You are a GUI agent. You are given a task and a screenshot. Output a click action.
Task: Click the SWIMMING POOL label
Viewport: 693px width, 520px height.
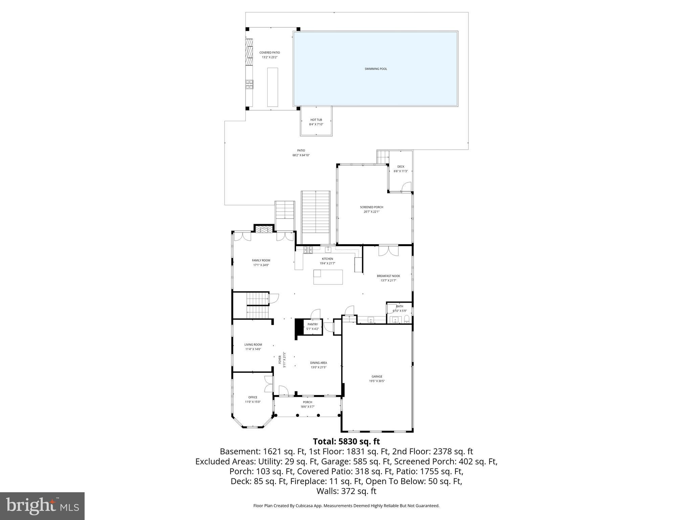(376, 69)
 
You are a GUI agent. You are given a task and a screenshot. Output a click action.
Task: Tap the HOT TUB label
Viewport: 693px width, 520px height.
(316, 120)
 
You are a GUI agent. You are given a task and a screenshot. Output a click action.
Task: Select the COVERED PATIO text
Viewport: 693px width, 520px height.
(269, 53)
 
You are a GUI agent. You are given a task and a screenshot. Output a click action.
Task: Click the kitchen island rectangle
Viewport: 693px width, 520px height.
(328, 277)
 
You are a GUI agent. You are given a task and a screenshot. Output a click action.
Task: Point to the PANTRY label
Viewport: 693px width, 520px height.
(312, 324)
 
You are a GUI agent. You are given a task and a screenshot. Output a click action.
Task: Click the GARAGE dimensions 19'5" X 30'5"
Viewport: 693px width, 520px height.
(377, 381)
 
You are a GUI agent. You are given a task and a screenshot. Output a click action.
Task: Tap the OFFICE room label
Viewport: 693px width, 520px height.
(252, 397)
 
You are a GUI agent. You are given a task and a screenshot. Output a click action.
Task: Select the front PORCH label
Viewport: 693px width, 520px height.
(307, 402)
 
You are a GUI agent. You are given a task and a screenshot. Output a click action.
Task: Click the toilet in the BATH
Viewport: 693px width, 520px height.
(406, 319)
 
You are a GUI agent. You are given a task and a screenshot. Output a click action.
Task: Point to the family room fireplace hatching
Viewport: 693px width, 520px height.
(263, 230)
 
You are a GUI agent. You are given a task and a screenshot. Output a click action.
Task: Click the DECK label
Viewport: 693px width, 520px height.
(401, 167)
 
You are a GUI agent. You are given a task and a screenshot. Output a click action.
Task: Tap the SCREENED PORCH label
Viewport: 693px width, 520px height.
(371, 207)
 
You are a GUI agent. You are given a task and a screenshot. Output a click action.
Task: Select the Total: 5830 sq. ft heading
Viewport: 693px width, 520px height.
(346, 441)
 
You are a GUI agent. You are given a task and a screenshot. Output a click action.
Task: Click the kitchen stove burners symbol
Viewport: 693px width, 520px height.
(308, 250)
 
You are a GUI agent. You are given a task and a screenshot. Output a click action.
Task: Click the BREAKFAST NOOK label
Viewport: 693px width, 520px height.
(388, 276)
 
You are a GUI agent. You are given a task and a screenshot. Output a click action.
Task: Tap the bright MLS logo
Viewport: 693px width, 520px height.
(42, 506)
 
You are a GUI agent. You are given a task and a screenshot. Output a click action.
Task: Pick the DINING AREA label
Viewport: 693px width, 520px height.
(318, 363)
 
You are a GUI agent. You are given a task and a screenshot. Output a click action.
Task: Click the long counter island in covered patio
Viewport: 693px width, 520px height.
(272, 87)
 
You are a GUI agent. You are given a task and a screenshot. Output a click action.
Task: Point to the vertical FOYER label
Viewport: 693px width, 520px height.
(280, 360)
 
